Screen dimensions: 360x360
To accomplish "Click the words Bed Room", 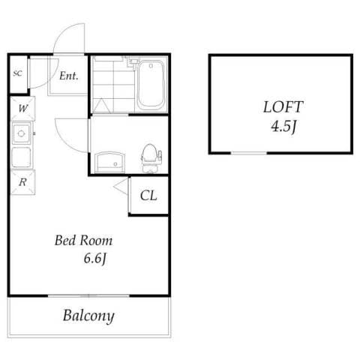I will click(84, 241).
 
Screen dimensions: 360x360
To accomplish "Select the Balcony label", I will click(88, 316).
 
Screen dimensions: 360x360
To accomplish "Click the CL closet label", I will click(148, 196).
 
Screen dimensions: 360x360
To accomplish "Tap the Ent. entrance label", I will click(70, 76).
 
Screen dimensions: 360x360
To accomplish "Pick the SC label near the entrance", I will click(17, 73).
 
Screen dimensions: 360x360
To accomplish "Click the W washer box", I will click(22, 107).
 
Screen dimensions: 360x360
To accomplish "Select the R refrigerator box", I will click(22, 181).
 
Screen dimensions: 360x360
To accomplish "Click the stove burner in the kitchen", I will click(22, 136).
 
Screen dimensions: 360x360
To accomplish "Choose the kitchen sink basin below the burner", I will click(22, 158).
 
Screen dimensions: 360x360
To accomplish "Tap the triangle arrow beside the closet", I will click(121, 187).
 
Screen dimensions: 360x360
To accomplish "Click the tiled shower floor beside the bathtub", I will click(112, 84).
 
